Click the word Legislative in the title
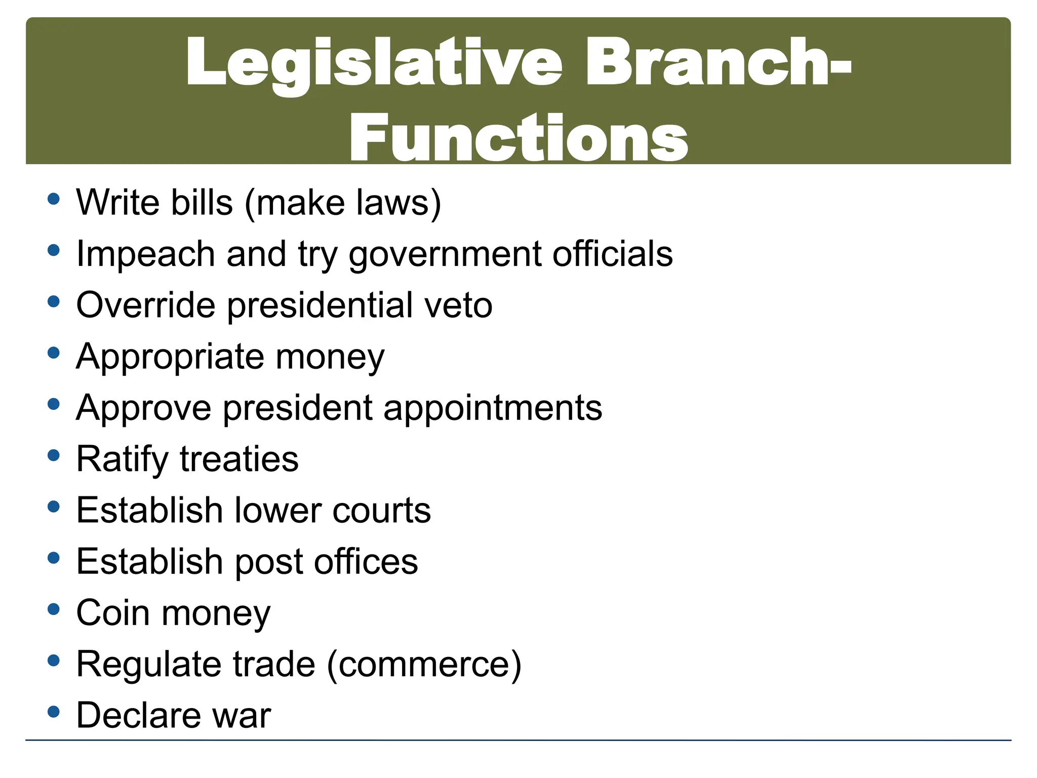[x=374, y=63]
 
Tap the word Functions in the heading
[x=518, y=138]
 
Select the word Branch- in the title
[x=718, y=63]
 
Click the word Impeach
[x=145, y=254]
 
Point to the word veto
[x=458, y=305]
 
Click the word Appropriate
[x=170, y=358]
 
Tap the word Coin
[x=113, y=613]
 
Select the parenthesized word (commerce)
[x=424, y=665]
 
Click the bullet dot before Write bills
[x=53, y=199]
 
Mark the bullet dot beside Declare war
[x=53, y=712]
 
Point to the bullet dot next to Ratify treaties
[x=53, y=455]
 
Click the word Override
[x=145, y=305]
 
